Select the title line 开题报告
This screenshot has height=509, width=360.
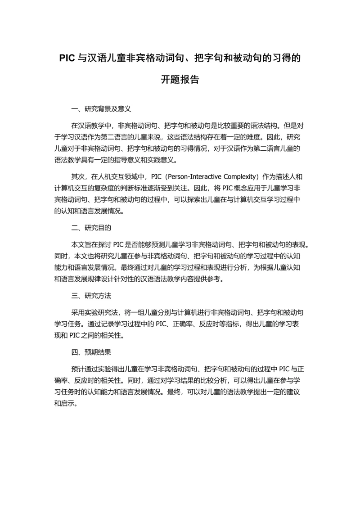pos(180,80)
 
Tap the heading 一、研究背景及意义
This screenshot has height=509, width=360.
pos(101,108)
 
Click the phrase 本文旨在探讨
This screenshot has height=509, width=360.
pos(92,245)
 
